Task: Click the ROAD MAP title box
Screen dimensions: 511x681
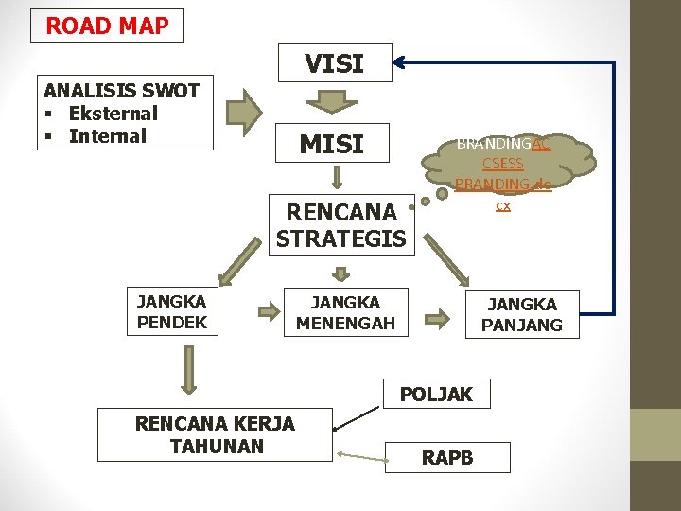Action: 107,26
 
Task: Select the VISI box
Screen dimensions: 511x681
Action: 334,63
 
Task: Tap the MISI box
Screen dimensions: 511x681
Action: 331,144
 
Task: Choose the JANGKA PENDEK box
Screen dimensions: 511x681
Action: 171,312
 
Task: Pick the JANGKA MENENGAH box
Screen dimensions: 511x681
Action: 345,312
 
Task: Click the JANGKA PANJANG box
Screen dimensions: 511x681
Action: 521,314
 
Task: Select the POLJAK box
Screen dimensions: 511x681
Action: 436,394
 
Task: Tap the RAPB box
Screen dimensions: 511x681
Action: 447,458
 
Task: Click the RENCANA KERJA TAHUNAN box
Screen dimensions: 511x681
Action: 215,434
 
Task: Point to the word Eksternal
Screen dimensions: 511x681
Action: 113,114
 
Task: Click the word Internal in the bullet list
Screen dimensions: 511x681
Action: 107,135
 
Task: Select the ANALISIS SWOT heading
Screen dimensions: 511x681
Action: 121,91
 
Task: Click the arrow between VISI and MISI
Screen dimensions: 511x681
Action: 334,101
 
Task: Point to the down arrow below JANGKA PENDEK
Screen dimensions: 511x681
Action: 189,369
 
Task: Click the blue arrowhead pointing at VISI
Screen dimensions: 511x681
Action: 399,62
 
